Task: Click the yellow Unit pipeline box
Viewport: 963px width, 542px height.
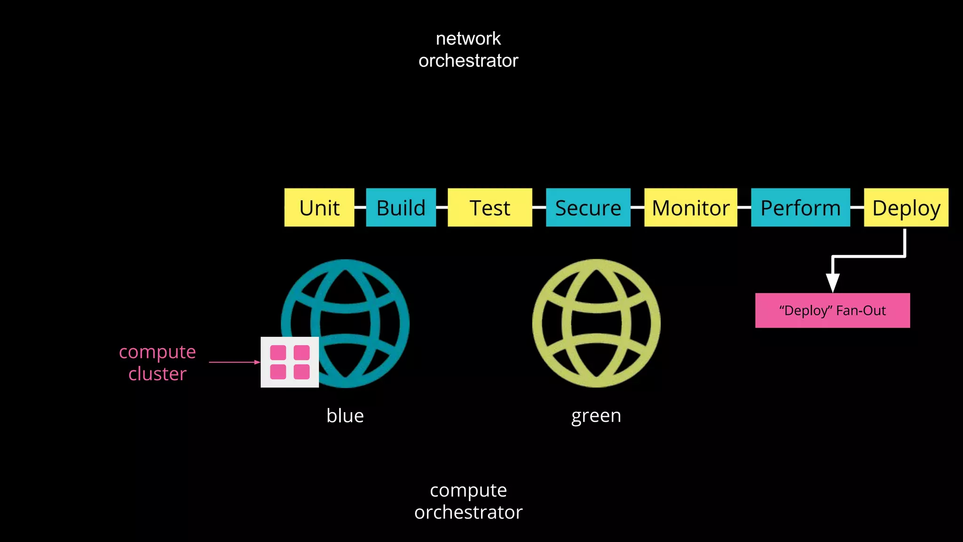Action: coord(319,207)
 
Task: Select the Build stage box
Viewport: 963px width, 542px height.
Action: coord(401,207)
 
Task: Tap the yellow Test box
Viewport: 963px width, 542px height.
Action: coord(490,207)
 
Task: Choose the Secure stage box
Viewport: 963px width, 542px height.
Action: coord(588,207)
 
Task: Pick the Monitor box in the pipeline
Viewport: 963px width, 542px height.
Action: coord(691,207)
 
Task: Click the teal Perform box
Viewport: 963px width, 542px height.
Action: coord(800,207)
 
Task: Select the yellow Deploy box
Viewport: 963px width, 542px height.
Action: coord(906,207)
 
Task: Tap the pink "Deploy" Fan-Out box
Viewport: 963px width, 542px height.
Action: coord(832,311)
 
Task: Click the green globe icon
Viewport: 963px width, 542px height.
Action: coord(596,323)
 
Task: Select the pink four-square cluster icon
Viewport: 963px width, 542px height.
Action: coord(290,362)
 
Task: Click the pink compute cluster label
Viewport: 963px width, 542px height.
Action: coord(158,363)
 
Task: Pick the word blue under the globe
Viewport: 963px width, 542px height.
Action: coord(345,416)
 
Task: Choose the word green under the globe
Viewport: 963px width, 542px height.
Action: coord(596,416)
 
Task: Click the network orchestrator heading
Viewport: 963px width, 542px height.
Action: coord(468,49)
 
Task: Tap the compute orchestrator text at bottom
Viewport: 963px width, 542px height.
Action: coord(468,501)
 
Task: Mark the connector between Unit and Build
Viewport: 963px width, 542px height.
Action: coord(360,207)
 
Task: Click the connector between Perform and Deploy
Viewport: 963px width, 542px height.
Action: coord(857,207)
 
